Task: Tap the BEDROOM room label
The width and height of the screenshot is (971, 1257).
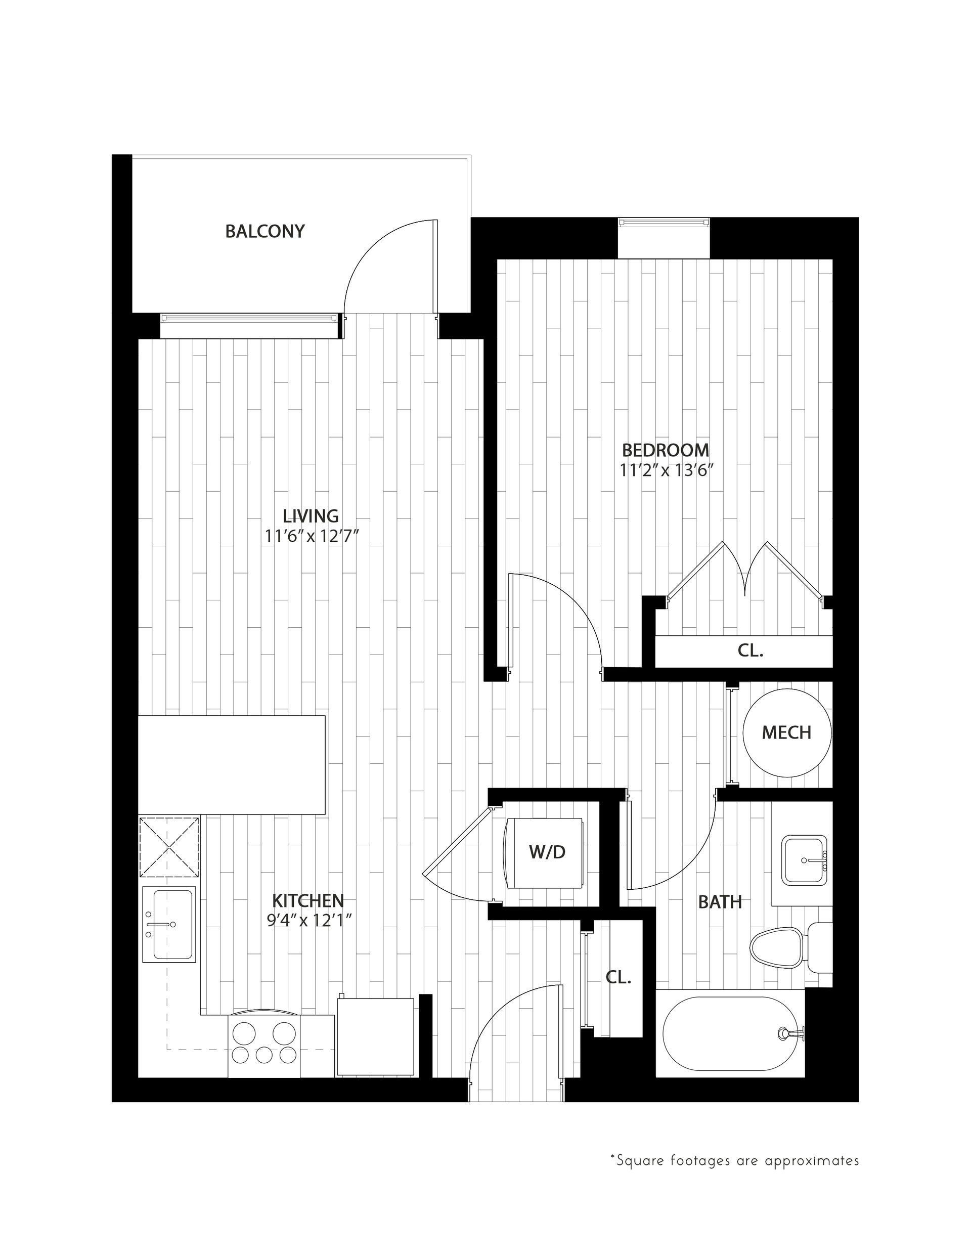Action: coord(666,450)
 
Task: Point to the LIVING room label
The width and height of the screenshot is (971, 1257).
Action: coord(311,515)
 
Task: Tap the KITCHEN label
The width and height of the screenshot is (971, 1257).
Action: coord(308,900)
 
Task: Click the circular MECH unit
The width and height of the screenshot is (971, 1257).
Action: coord(787,732)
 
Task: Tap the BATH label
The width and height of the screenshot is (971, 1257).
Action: coord(720,902)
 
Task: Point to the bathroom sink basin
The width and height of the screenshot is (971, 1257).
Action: coord(804,861)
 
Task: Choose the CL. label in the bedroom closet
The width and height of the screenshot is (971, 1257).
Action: coord(751,651)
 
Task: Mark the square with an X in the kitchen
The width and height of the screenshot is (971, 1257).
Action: coord(168,847)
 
